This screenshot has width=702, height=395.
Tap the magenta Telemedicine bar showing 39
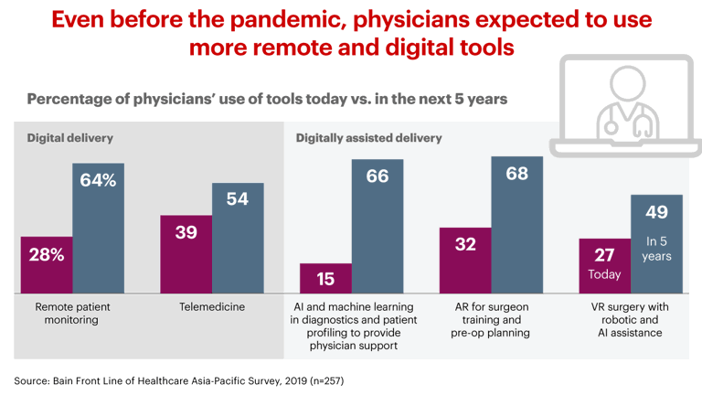[x=186, y=253]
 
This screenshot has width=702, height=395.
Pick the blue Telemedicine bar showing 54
[x=238, y=237]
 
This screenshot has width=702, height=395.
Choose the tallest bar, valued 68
[x=517, y=223]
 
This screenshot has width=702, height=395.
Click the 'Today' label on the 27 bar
[x=605, y=274]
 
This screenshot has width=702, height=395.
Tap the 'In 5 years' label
[x=656, y=250]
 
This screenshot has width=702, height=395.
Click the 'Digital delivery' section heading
[x=69, y=138]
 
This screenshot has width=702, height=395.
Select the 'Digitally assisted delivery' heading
[x=368, y=138]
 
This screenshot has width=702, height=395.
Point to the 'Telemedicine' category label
[x=211, y=307]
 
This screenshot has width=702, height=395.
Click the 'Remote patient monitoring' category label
[x=71, y=314]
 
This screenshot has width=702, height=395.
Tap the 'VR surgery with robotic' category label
[x=631, y=314]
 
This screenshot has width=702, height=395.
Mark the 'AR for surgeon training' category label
[x=492, y=314]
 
